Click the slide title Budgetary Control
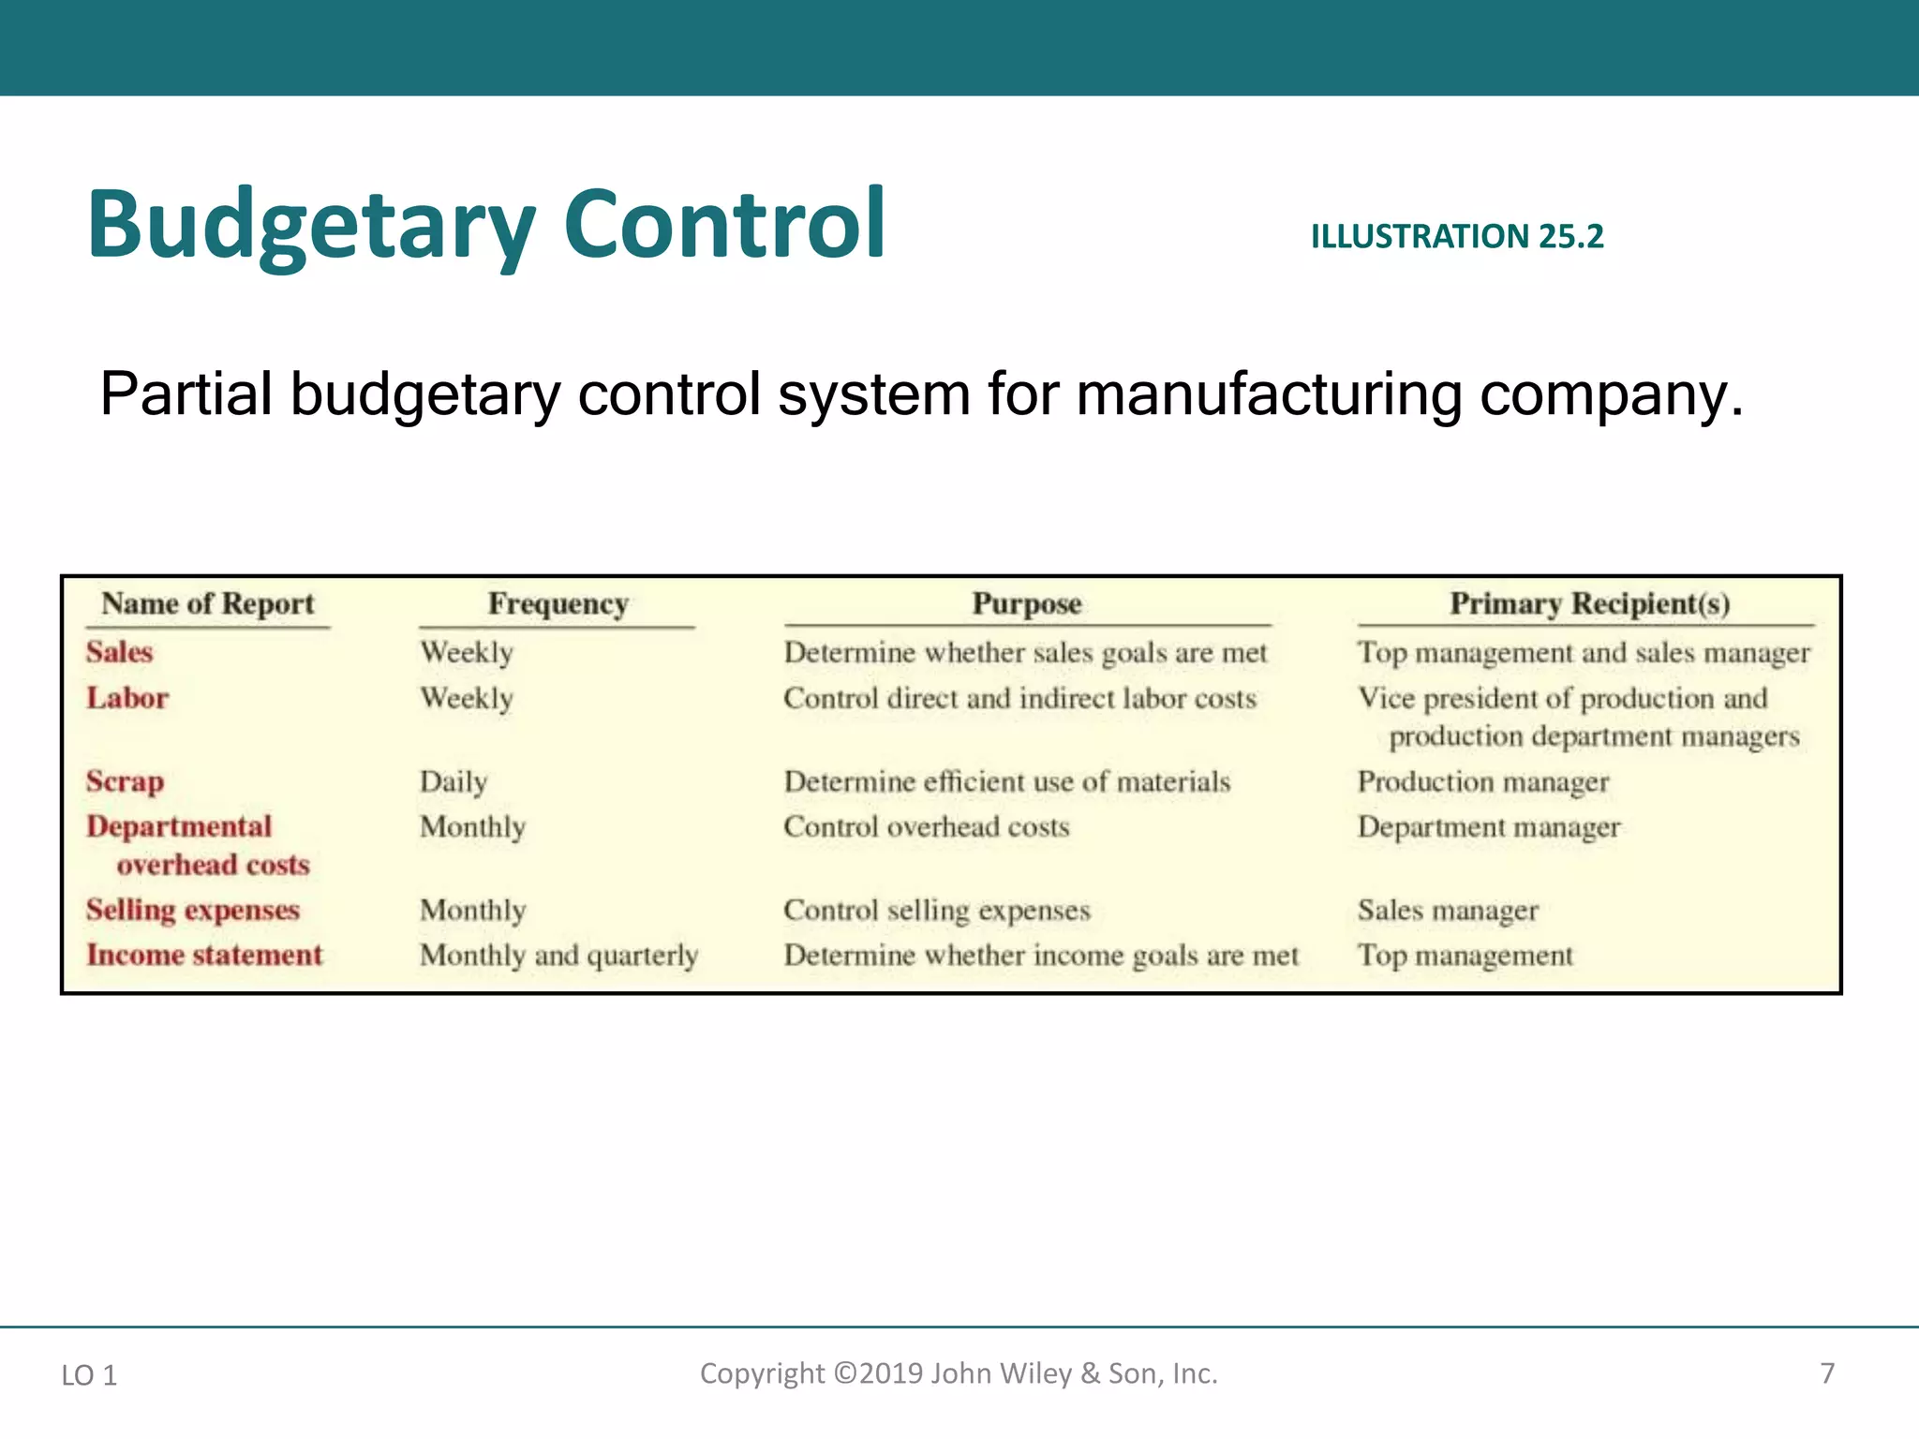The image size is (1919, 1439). [486, 225]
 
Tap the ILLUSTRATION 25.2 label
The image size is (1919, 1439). [1457, 237]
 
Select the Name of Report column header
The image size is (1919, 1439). [208, 603]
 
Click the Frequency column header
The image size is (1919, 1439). [558, 603]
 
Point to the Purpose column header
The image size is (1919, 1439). [1027, 603]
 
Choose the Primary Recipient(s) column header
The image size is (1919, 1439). [1589, 603]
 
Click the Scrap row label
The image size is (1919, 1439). [125, 781]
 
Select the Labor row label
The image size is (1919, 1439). [127, 698]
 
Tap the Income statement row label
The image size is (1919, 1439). [204, 955]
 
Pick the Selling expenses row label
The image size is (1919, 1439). [193, 910]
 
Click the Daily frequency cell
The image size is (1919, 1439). [454, 781]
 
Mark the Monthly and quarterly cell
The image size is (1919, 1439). [559, 955]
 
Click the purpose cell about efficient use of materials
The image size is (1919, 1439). [1007, 781]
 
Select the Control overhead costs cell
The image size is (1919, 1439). [927, 826]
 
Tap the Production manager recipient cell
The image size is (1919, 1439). [1483, 781]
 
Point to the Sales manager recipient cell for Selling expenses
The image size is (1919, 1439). [1448, 910]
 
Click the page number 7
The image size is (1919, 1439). [1827, 1373]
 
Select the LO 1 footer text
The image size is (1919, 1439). [89, 1375]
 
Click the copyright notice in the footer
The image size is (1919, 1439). [959, 1373]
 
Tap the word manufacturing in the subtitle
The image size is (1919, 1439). [1269, 394]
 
